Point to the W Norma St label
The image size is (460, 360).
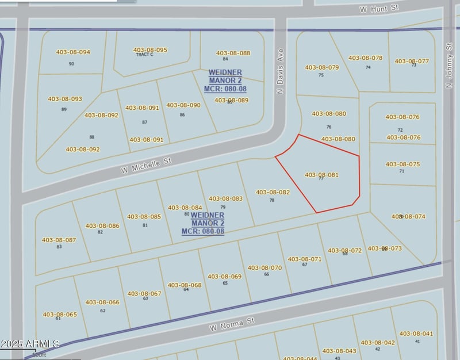pyautogui.click(x=232, y=323)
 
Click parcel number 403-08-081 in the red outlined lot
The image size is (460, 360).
pyautogui.click(x=321, y=175)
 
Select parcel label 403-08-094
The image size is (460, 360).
pyautogui.click(x=73, y=52)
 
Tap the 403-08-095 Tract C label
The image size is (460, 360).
pyautogui.click(x=150, y=51)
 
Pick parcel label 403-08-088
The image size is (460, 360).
pyautogui.click(x=233, y=53)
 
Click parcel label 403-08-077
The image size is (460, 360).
pyautogui.click(x=412, y=61)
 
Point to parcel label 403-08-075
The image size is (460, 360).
pyautogui.click(x=402, y=164)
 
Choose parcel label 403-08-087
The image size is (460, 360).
pyautogui.click(x=59, y=240)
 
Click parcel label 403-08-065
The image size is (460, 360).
pyautogui.click(x=59, y=315)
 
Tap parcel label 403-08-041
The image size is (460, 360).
pyautogui.click(x=416, y=334)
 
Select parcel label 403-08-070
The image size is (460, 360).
pyautogui.click(x=264, y=267)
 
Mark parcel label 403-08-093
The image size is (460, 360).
pyautogui.click(x=64, y=99)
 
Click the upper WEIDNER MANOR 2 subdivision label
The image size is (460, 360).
pyautogui.click(x=225, y=81)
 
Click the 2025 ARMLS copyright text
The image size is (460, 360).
pyautogui.click(x=30, y=344)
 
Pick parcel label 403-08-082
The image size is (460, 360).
pyautogui.click(x=273, y=192)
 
